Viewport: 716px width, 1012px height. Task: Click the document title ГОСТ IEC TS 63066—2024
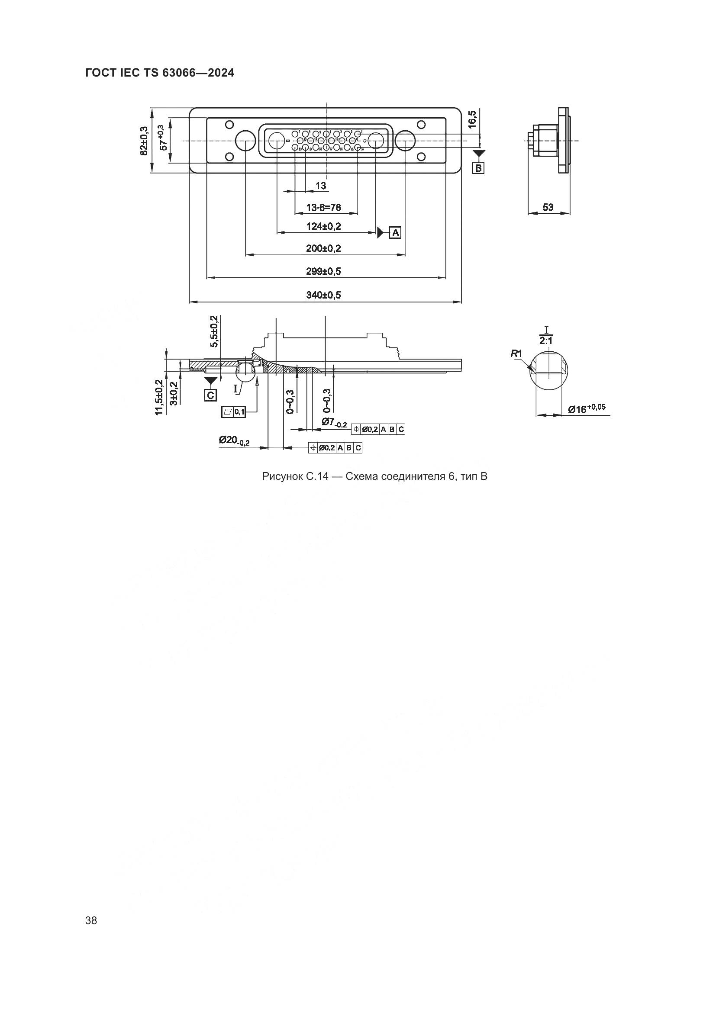tap(160, 73)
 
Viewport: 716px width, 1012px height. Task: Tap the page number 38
tap(91, 920)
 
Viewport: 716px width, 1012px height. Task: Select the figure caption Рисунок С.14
tap(374, 476)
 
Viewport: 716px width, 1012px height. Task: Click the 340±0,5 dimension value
tap(324, 295)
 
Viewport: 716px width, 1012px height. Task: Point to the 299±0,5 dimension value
tap(324, 271)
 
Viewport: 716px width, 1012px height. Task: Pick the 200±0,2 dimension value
tap(324, 248)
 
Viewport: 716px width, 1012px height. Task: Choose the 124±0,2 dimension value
tap(324, 227)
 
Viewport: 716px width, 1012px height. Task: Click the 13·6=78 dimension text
tap(324, 207)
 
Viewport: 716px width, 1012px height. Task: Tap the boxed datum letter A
tap(396, 232)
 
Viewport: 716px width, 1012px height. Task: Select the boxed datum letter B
tap(478, 168)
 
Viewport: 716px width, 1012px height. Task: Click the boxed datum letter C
tap(211, 395)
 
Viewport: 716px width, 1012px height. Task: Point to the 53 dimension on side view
tap(548, 207)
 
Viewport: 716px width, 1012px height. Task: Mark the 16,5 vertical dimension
tap(472, 119)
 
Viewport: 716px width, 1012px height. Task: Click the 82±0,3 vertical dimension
tap(143, 141)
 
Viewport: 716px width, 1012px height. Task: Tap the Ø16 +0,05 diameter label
tap(587, 408)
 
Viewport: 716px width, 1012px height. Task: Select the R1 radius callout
tap(516, 353)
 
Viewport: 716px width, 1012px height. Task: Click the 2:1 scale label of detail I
tap(546, 340)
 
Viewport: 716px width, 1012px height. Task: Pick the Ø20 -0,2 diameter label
tap(234, 441)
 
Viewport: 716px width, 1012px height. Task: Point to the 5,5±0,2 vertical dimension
tap(214, 331)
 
